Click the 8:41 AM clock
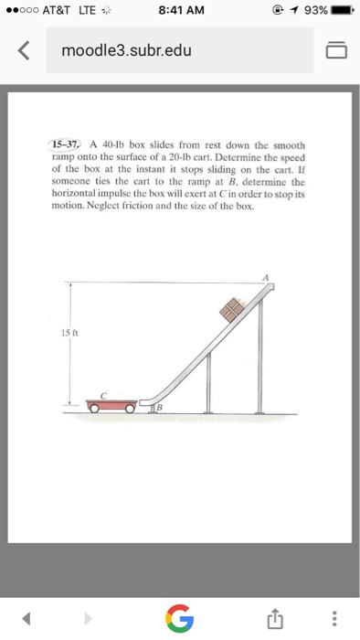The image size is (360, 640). tap(180, 11)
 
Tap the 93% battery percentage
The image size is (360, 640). tap(308, 11)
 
